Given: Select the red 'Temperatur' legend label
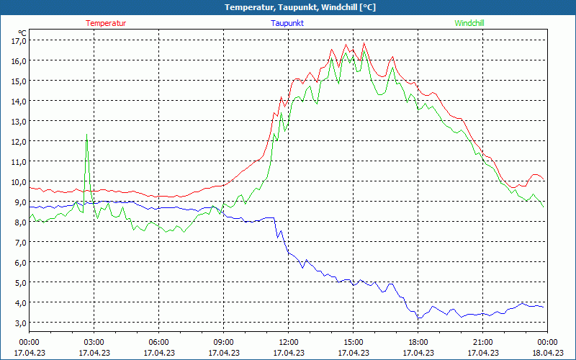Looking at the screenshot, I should pos(106,23).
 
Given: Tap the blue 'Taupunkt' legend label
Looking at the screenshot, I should pos(287,23).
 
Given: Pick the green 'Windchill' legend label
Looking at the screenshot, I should pos(469,23).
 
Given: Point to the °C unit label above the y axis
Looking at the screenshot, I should pos(22,32).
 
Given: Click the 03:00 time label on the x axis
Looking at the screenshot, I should pos(94,342).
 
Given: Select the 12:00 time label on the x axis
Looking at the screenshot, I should pos(288,342).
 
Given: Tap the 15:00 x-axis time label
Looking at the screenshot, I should pos(353,342).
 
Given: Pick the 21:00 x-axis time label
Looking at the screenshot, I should pos(482,342).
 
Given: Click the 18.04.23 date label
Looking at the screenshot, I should pos(547,353).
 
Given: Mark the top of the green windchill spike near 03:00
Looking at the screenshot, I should pos(87,134).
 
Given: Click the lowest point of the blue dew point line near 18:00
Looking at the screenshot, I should pos(419,318).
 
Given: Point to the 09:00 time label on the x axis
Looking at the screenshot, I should pos(223,342).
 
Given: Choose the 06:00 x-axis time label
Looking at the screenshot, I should pos(158,342).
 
